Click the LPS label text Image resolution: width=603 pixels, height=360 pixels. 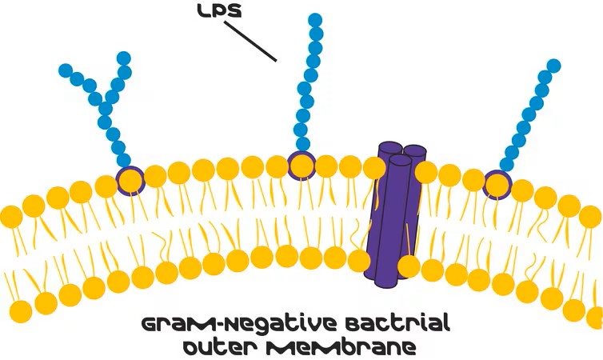220,11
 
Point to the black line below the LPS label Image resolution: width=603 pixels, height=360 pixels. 250,41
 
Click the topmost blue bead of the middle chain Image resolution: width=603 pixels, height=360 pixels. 315,20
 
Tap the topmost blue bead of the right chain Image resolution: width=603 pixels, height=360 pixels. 553,66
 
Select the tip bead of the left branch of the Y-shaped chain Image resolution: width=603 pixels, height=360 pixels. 66,70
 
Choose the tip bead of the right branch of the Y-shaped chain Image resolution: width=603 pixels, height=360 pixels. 124,58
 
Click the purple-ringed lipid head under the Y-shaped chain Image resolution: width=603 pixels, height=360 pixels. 130,181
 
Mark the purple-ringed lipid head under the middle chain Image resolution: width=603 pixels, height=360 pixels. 301,166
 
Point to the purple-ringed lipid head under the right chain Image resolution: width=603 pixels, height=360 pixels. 497,186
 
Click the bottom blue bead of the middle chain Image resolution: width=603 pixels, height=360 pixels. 303,144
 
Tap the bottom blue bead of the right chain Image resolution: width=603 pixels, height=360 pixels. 507,165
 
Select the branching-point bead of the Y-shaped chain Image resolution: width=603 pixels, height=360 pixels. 106,109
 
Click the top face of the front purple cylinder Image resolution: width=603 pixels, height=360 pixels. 401,160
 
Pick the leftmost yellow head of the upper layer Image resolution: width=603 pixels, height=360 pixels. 11,217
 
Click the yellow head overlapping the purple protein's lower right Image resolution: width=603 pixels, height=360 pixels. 409,266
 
